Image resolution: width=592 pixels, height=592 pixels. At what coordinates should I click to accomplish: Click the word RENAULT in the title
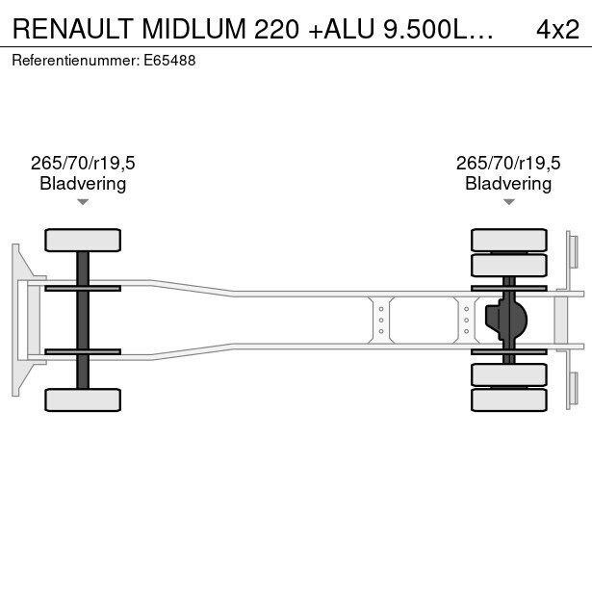72,29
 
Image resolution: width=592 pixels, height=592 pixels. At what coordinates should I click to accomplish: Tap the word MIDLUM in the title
194,29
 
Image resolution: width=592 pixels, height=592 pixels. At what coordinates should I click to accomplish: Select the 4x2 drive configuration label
557,29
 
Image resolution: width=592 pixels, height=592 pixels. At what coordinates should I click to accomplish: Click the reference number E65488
169,61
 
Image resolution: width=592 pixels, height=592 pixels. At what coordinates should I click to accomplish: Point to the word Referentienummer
75,61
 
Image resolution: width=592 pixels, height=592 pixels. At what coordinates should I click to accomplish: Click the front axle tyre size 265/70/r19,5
83,163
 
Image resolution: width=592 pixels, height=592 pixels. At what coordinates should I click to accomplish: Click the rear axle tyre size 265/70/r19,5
508,163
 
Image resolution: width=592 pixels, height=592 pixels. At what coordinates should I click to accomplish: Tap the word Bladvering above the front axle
83,184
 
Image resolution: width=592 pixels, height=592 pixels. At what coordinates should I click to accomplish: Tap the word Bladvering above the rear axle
508,184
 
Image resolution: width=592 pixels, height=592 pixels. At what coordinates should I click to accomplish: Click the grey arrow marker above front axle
83,202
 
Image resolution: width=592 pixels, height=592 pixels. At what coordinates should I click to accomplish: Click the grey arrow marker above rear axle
509,202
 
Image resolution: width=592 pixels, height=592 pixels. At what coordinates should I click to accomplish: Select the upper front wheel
83,240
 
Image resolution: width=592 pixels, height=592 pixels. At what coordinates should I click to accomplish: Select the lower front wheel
83,399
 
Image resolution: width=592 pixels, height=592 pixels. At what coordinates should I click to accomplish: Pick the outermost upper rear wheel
509,240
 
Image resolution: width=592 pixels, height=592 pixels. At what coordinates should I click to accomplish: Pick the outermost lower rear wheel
509,399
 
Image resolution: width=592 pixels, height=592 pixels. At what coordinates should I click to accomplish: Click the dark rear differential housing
506,320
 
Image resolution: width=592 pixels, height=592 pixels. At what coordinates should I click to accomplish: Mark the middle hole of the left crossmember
381,321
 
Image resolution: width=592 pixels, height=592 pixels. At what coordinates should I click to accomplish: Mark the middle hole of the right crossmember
466,321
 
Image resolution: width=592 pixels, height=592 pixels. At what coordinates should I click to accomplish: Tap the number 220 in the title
276,29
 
